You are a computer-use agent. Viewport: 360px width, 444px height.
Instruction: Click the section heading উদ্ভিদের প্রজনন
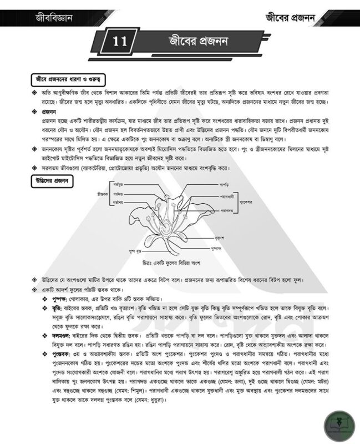(50, 180)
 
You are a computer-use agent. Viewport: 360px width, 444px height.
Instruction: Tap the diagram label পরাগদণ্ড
(226, 210)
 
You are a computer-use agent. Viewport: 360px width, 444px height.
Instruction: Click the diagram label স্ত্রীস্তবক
(101, 195)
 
